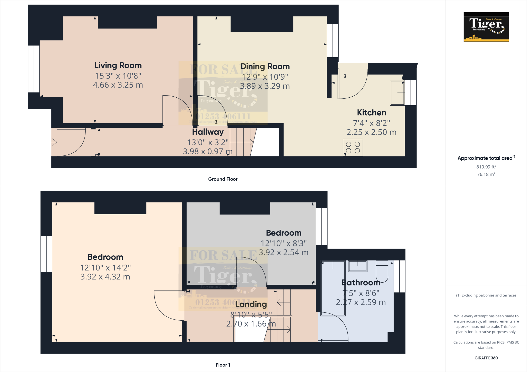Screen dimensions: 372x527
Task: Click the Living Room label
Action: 118,65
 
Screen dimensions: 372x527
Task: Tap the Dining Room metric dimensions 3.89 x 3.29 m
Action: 265,86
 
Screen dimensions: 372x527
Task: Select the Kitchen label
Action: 371,113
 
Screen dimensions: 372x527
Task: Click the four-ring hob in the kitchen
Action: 353,147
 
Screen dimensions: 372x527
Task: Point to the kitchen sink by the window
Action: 397,92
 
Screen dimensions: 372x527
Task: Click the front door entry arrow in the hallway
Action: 53,142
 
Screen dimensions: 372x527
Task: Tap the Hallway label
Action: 208,132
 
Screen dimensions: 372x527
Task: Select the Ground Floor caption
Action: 223,179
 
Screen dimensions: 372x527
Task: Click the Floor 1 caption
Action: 223,365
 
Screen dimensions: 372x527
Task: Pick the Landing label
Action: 251,304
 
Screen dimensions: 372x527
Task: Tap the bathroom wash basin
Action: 358,266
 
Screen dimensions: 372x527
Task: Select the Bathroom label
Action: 361,283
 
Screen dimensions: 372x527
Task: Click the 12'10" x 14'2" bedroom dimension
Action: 105,268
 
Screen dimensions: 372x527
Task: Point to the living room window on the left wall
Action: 34,69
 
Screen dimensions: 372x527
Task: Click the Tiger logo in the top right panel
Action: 486,27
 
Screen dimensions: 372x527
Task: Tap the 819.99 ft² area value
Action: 486,167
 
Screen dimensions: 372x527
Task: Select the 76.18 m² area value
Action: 486,174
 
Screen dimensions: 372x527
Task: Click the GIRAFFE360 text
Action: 486,358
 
